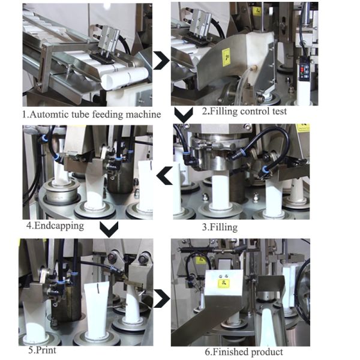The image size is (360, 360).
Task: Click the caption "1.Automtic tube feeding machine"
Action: [x=91, y=114]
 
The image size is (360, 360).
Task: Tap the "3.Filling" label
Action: [x=220, y=227]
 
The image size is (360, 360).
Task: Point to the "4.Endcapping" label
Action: [x=55, y=226]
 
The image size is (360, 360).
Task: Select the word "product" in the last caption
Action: [x=266, y=352]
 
